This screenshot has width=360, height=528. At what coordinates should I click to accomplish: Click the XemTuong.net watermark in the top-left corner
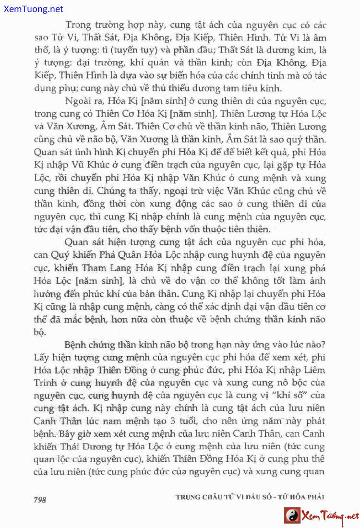coord(32,9)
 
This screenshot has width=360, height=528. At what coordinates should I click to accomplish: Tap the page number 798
coord(39,499)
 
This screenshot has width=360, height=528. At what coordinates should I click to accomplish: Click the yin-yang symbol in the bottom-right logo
coord(292,516)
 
